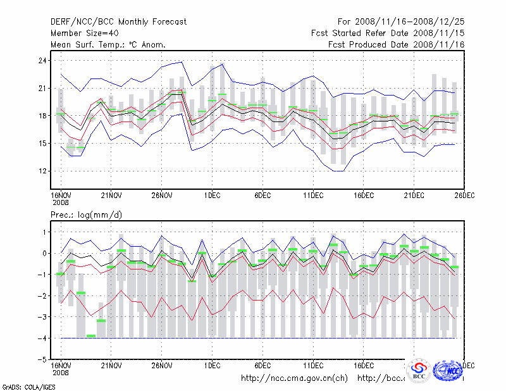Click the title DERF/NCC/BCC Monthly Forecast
(x=118, y=22)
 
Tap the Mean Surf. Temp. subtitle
(x=108, y=44)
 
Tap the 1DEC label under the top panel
(x=212, y=195)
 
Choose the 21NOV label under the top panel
(x=111, y=195)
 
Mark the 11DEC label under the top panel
(x=313, y=195)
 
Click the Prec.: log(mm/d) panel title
(x=87, y=215)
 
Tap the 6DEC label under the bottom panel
(x=262, y=365)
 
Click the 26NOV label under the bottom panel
(x=161, y=365)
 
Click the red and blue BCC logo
(x=419, y=370)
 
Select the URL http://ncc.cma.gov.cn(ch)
(x=295, y=378)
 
